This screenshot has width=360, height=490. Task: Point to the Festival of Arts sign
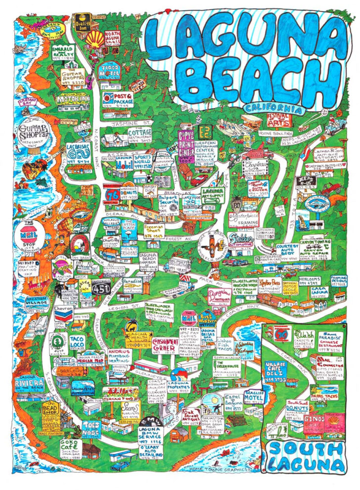tap(278, 119)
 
